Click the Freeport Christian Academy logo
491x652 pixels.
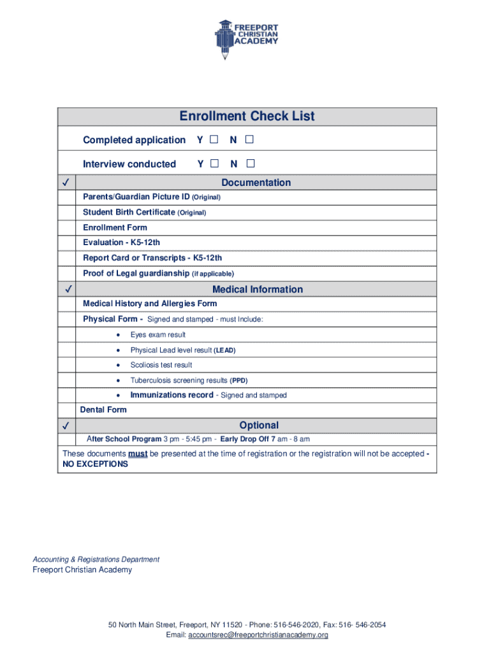pos(247,39)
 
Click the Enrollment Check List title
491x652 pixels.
pos(247,117)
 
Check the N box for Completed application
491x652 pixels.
pos(249,139)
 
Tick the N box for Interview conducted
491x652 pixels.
pos(250,164)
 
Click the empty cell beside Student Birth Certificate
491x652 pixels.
pos(68,212)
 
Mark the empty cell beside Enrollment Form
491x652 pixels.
pos(68,227)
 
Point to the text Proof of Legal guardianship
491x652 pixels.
pos(136,273)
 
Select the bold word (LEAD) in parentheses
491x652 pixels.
pos(225,350)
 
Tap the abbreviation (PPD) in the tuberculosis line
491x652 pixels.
pos(238,381)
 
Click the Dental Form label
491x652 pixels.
pos(103,410)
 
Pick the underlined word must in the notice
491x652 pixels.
pos(138,454)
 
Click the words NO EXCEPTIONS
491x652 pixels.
pos(95,464)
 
